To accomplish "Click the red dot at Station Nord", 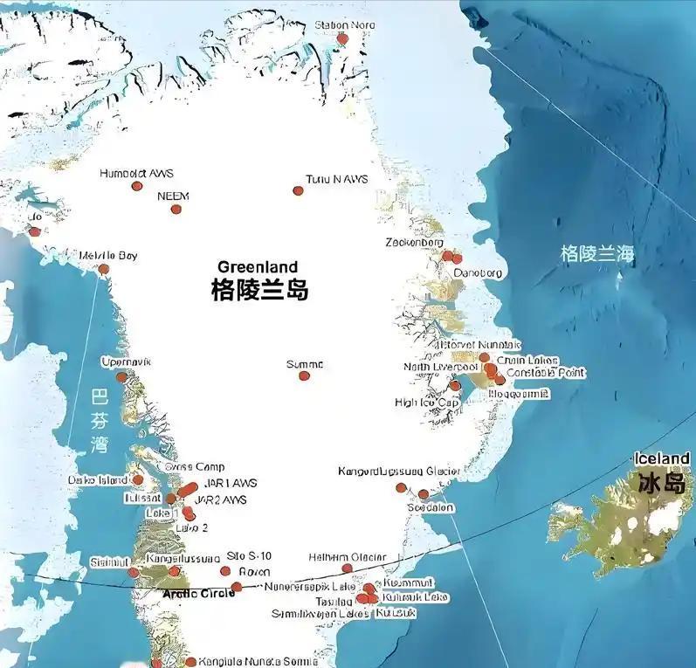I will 342,39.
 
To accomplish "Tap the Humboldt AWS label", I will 137,173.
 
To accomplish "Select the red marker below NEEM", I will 176,209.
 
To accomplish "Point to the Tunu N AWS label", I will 336,180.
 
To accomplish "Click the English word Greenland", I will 258,267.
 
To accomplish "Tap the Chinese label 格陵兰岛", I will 260,290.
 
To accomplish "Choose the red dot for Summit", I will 304,375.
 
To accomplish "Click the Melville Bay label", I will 108,256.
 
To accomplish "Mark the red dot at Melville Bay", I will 104,269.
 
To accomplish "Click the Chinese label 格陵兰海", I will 597,254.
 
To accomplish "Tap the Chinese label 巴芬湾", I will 100,420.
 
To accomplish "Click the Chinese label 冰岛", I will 661,482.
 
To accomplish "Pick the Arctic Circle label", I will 199,593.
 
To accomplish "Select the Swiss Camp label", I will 195,467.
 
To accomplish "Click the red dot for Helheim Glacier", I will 347,568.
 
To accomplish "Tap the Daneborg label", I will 478,273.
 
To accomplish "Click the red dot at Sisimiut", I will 133,573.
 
